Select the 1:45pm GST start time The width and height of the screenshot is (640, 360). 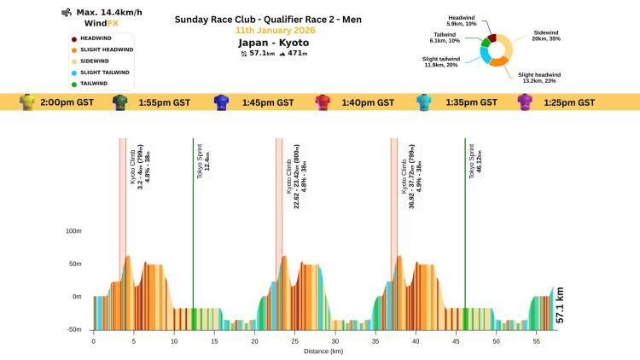267,102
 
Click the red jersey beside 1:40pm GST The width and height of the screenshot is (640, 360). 323,102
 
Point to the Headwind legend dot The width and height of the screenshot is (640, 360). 73,38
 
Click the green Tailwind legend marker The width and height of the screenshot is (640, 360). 73,83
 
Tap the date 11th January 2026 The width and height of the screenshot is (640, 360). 280,30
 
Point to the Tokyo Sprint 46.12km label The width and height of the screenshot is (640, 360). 474,159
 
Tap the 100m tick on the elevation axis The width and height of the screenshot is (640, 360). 73,231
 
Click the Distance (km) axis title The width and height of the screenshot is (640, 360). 323,351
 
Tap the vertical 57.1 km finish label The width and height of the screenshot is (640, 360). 560,305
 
